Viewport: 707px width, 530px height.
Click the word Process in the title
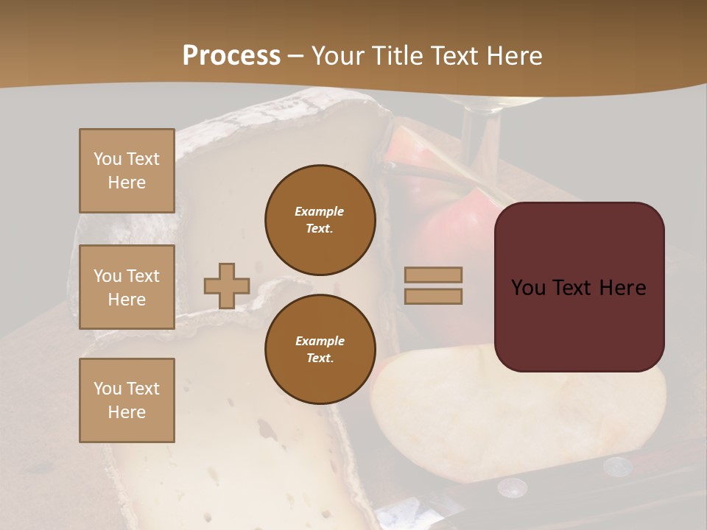pos(231,56)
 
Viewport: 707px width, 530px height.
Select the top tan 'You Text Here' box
pos(127,171)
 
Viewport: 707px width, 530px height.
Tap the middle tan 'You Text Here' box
pos(127,287)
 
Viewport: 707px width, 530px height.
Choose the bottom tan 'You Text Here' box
pos(127,400)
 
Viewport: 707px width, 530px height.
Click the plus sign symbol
pos(226,286)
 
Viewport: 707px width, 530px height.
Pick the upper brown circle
pos(320,220)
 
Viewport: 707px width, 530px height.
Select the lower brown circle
pos(320,350)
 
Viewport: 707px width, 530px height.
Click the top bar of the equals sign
pos(433,275)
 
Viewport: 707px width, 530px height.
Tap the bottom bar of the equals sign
pos(433,296)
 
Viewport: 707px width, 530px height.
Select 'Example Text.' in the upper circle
pos(320,220)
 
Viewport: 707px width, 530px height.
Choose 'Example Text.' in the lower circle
pos(320,350)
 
